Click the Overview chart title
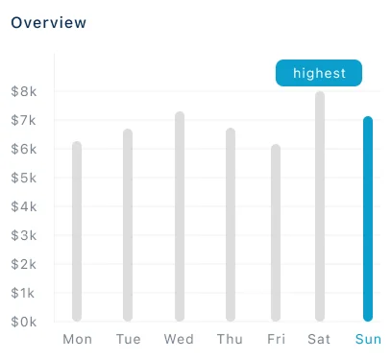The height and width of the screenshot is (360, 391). click(x=47, y=22)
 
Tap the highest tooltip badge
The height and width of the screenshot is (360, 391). click(x=319, y=74)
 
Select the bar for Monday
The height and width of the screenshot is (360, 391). click(x=77, y=231)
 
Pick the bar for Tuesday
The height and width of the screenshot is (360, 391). click(x=128, y=226)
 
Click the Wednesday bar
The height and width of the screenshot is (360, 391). click(x=179, y=217)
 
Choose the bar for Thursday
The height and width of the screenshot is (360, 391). click(x=230, y=225)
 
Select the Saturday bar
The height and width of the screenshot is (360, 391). click(x=319, y=206)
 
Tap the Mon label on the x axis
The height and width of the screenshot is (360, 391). click(x=77, y=339)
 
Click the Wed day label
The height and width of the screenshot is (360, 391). click(x=179, y=339)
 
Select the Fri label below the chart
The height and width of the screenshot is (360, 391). click(x=276, y=339)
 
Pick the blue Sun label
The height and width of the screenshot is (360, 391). click(x=368, y=339)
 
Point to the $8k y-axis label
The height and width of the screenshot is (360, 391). click(x=24, y=91)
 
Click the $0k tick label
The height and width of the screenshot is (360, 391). click(x=24, y=322)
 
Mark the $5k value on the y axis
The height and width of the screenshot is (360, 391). click(x=24, y=178)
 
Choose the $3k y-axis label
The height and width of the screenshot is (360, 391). click(x=24, y=235)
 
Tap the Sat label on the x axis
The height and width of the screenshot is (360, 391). click(x=319, y=339)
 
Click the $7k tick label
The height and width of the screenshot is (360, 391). click(x=24, y=120)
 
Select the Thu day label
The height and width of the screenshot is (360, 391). click(x=230, y=339)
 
